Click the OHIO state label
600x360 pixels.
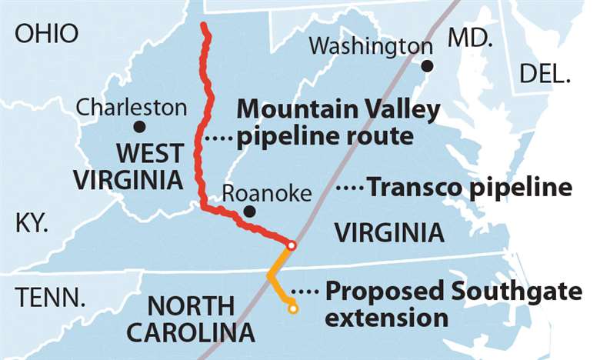[46, 33]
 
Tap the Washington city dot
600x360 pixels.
[428, 66]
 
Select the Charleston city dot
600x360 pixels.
[139, 127]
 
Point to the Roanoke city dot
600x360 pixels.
[248, 211]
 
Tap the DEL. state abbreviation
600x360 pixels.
[545, 75]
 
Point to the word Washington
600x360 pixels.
[370, 46]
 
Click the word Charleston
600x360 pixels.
[131, 106]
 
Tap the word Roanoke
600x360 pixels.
[256, 192]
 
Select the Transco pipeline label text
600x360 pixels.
[470, 188]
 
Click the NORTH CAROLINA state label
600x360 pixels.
[191, 319]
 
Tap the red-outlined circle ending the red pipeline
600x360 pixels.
[292, 245]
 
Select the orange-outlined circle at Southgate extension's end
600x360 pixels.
[292, 308]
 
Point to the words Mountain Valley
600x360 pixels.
[338, 110]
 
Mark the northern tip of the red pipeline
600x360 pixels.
[204, 27]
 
